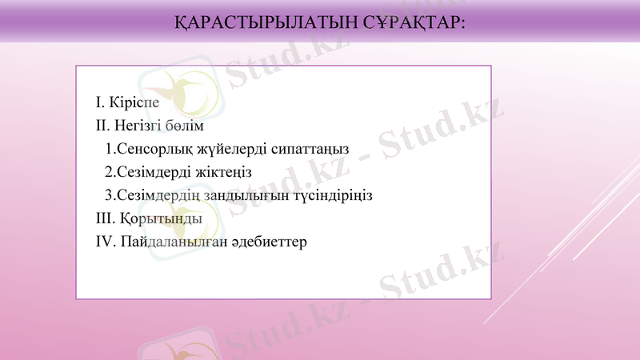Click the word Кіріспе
(133, 102)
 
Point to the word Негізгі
(140, 126)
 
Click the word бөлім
(187, 126)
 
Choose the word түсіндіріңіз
(330, 195)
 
